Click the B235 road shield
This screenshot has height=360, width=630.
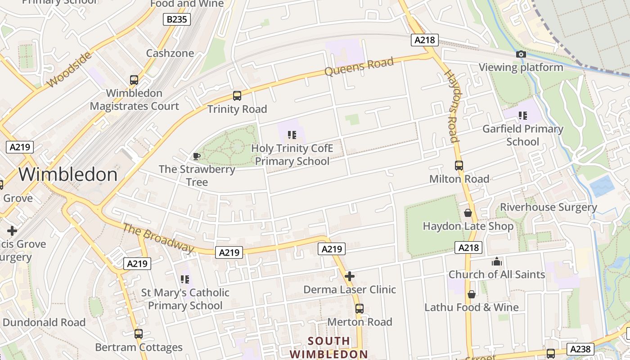point(176,19)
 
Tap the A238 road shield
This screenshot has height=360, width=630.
point(580,349)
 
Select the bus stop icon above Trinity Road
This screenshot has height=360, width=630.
point(237,96)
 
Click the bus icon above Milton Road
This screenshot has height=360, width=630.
point(459,166)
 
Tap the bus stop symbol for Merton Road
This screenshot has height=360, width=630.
point(359,309)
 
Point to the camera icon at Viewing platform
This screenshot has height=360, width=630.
point(521,54)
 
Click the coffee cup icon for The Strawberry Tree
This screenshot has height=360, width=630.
point(196,156)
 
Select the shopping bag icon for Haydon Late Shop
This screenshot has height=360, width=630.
point(468,213)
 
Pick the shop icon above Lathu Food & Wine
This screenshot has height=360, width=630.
point(471,294)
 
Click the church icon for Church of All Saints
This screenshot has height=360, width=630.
point(497,261)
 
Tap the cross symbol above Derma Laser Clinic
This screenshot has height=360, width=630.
point(349,276)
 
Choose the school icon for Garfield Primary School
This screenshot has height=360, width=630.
point(522,116)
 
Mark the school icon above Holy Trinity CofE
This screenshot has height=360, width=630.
point(292,135)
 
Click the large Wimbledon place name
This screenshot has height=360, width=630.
point(68,175)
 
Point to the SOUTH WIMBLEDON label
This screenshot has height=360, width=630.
point(328,347)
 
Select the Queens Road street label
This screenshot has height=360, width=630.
point(359,67)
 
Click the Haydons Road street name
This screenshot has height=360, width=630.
point(451,106)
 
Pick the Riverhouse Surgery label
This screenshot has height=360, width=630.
point(549,207)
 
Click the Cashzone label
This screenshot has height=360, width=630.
point(170,53)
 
